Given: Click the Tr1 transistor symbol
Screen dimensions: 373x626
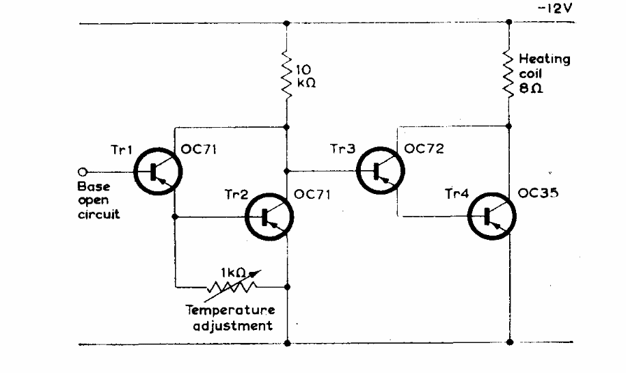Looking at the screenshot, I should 156,171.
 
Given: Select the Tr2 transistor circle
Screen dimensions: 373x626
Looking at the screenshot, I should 270,217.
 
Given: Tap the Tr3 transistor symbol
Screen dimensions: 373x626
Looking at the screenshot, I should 378,171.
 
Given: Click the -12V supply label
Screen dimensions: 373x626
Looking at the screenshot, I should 554,10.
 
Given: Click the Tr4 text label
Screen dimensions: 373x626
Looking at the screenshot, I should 456,193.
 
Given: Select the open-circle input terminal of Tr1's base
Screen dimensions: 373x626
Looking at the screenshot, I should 83,171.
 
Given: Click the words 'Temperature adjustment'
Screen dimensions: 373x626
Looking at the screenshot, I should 232,318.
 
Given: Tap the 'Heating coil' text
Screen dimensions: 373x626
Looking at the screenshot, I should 544,66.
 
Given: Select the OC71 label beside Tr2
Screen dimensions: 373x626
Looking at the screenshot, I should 312,193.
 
